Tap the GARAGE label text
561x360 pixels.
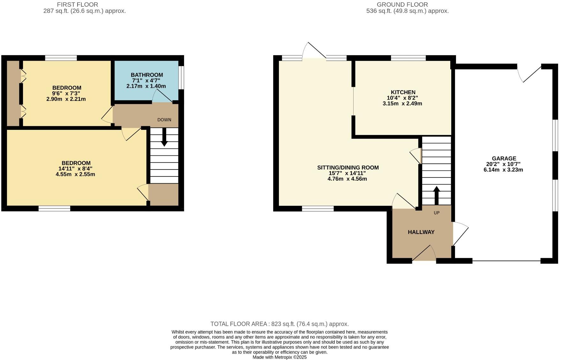tap(504, 158)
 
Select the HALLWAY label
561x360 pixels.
tap(421, 232)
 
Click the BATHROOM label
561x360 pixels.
tap(146, 75)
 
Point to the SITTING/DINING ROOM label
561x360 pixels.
tap(348, 168)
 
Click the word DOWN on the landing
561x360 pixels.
tap(164, 120)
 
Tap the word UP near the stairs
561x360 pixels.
tap(436, 213)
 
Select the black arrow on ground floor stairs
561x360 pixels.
tap(436, 195)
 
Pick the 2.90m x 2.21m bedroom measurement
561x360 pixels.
tap(66, 99)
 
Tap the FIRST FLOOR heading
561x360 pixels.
tap(77, 4)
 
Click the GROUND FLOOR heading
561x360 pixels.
tap(402, 4)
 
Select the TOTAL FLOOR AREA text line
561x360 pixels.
tap(279, 324)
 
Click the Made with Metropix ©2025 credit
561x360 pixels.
tap(279, 357)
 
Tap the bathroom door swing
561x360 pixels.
tap(162, 96)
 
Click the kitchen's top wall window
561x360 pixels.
tap(408, 58)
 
